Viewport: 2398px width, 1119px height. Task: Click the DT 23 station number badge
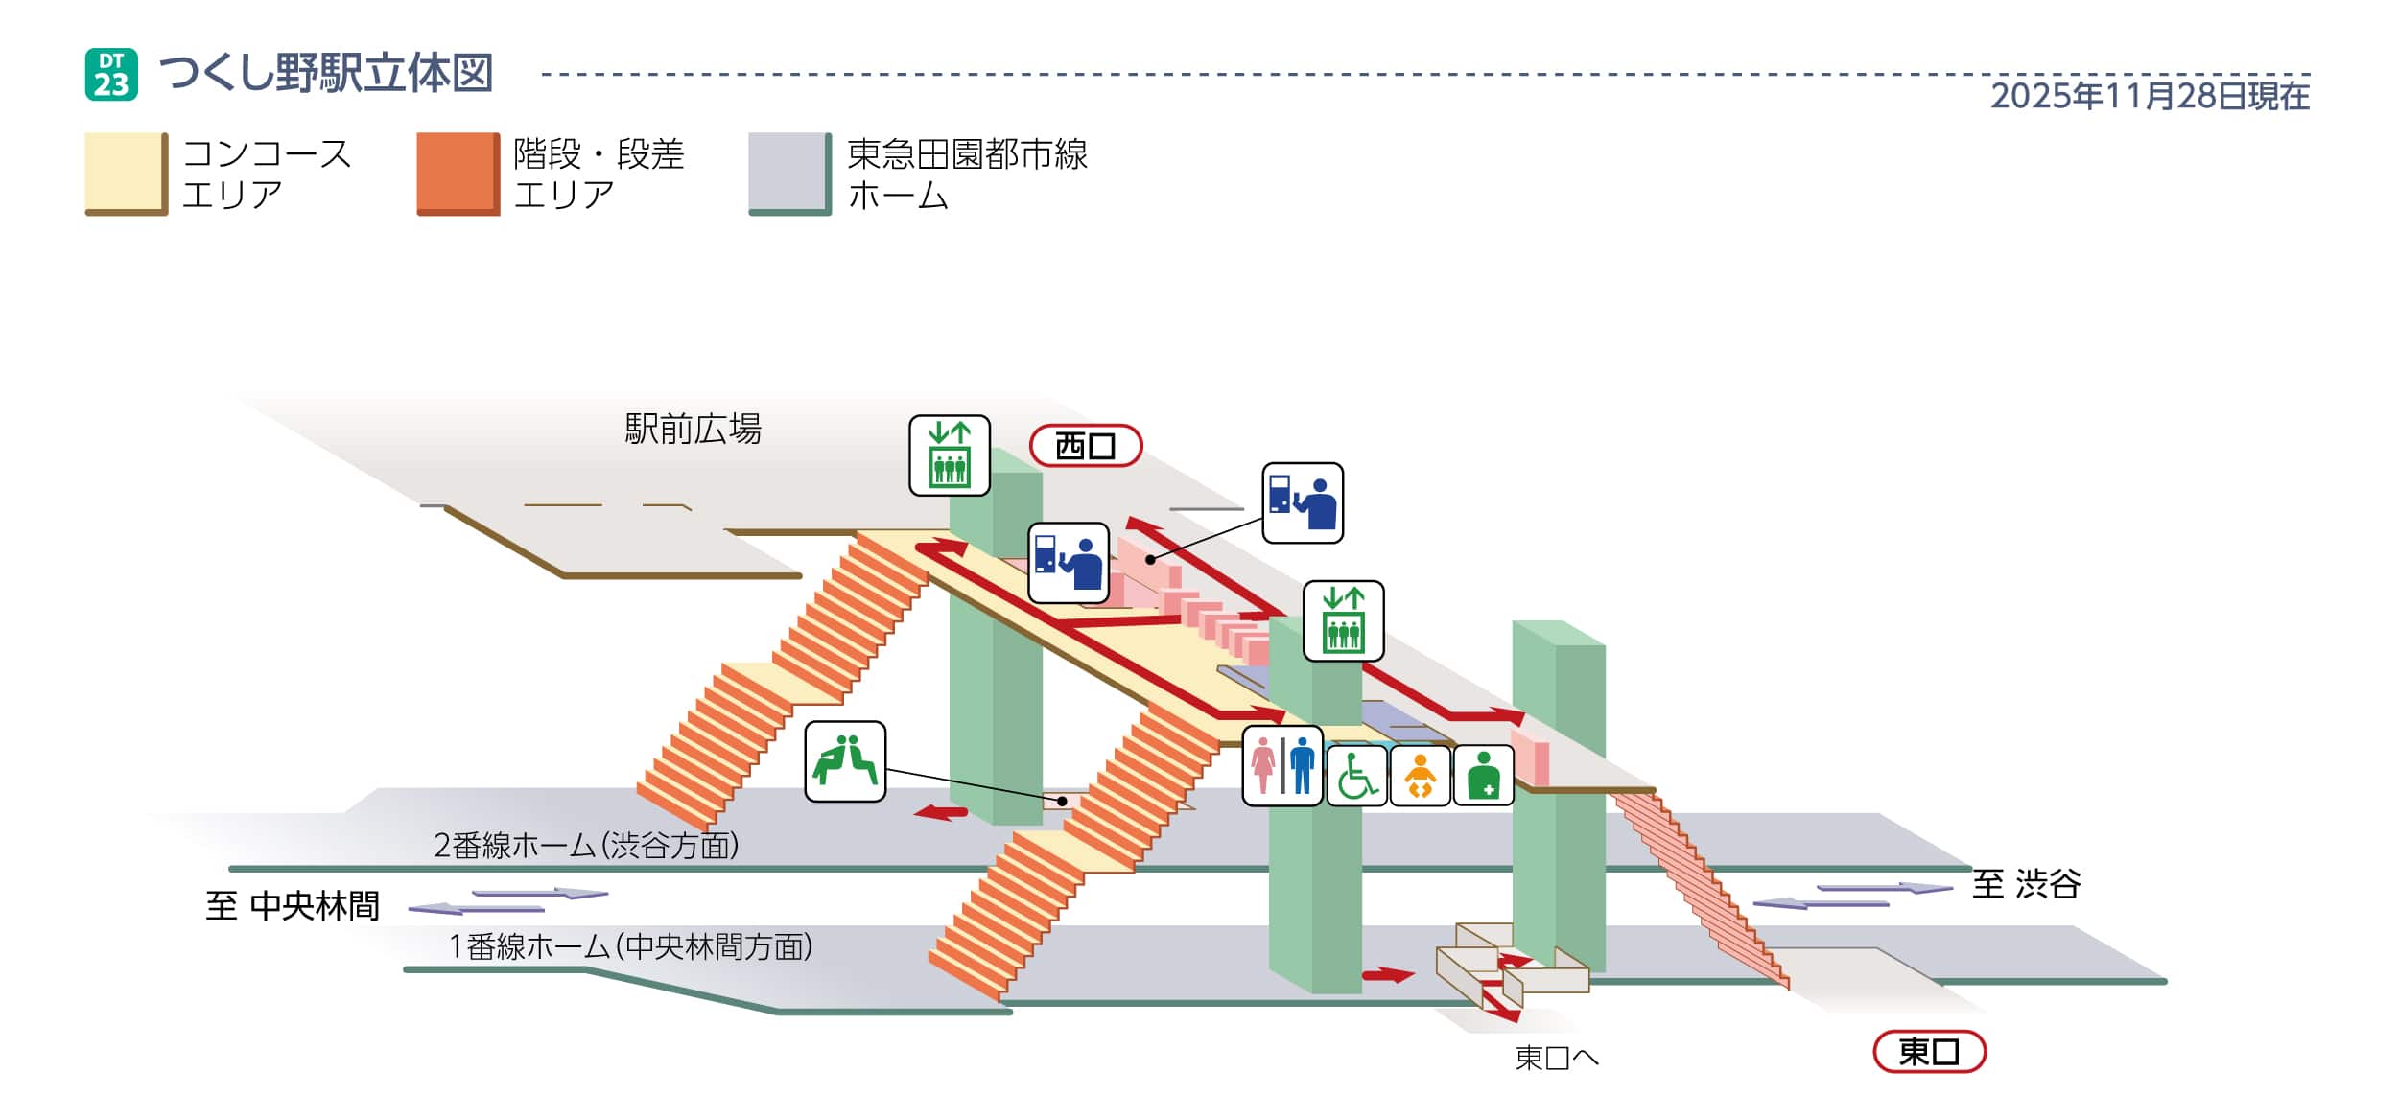point(111,75)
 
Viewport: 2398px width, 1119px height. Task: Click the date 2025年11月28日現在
point(2150,96)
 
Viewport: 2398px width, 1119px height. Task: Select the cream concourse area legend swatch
point(126,174)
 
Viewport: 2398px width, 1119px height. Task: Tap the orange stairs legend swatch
point(458,174)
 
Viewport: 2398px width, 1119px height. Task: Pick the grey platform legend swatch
point(789,174)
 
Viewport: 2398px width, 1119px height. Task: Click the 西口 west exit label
point(1085,446)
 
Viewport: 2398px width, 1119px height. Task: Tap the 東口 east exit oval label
point(1929,1052)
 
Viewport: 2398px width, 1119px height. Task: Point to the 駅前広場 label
point(693,429)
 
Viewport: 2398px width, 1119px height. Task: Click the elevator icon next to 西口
point(949,455)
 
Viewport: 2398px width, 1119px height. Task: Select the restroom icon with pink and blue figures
point(1282,765)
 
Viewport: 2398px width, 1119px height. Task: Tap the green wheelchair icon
point(1356,775)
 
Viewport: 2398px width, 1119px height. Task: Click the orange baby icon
point(1420,775)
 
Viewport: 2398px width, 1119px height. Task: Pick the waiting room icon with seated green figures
point(844,761)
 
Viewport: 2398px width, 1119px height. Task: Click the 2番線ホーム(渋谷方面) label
point(586,845)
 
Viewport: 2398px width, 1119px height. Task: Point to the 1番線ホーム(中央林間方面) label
point(630,946)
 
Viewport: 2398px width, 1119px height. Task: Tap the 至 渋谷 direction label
point(2026,883)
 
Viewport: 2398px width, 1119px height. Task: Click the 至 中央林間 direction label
point(293,905)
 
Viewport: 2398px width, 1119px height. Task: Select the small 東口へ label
point(1556,1058)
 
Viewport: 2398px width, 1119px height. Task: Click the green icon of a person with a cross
point(1483,775)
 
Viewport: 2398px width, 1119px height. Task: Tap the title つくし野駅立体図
point(326,74)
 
